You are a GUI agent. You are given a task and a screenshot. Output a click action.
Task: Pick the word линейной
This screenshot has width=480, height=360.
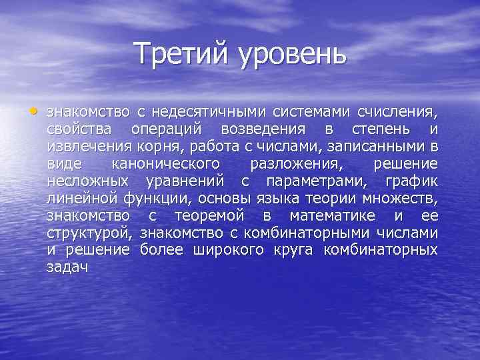(81, 198)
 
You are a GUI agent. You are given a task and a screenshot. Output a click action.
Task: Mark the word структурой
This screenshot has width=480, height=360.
(84, 233)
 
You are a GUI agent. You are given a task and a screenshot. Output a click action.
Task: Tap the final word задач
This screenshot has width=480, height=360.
(68, 267)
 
